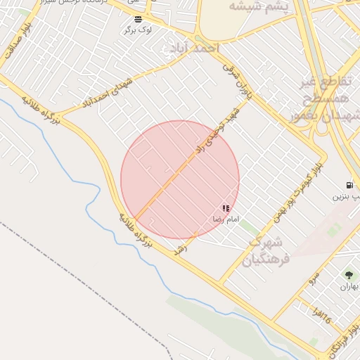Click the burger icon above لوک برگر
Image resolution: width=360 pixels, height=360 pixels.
tap(137, 18)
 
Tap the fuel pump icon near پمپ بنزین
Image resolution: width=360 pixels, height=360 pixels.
tap(350, 185)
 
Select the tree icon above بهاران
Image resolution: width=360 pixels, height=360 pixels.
tap(349, 275)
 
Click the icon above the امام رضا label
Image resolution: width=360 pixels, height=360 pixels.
tap(226, 208)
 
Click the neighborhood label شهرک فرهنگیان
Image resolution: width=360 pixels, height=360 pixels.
tap(264, 250)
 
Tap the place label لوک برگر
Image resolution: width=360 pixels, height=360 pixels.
tap(137, 30)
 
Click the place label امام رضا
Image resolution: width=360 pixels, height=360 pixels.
tap(226, 220)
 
